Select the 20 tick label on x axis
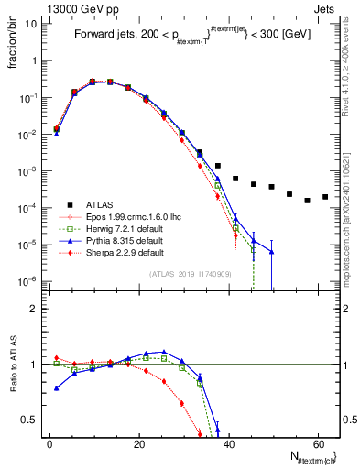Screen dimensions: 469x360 pos(138,444)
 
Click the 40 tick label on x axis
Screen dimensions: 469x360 pos(228,444)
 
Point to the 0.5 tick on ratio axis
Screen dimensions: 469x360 pos(31,420)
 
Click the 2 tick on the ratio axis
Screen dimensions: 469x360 pos(35,309)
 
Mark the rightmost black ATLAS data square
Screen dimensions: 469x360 pos(325,196)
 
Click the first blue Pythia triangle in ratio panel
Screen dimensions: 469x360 pos(57,387)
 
